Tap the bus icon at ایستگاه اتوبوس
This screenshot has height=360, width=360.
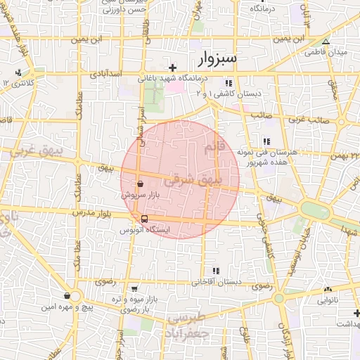[x=144, y=219]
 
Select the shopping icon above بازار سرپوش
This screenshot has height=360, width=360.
[x=141, y=184]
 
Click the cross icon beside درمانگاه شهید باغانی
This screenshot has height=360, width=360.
[x=172, y=67]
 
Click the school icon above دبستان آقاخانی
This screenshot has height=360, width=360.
[x=216, y=271]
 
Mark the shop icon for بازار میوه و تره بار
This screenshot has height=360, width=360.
[x=134, y=288]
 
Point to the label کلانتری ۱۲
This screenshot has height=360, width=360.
[x=19, y=84]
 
